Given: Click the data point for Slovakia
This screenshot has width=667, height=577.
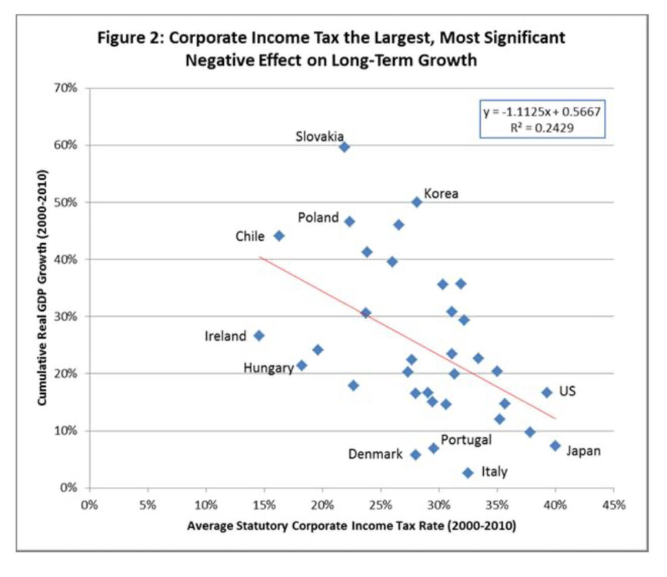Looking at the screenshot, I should [x=344, y=146].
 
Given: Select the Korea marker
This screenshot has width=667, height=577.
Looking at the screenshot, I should [x=416, y=202].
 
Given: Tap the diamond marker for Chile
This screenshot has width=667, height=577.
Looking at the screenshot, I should [x=278, y=235].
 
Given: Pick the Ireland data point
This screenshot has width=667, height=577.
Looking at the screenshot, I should [x=258, y=335].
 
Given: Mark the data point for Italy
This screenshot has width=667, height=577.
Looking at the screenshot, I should [x=468, y=472].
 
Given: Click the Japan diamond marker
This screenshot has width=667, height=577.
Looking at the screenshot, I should [x=555, y=445].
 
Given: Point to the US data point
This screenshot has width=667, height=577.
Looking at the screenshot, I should [x=546, y=392].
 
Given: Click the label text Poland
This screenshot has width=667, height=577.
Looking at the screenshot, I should [x=318, y=218].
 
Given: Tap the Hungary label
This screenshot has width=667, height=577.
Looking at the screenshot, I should [x=268, y=368].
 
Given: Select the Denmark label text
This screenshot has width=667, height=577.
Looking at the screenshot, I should [x=375, y=455].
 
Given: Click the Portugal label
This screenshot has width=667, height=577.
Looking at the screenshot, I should [x=465, y=440].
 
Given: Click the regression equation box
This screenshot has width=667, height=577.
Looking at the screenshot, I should [x=542, y=119].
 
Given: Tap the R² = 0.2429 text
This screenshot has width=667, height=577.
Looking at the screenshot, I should [x=542, y=127].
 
